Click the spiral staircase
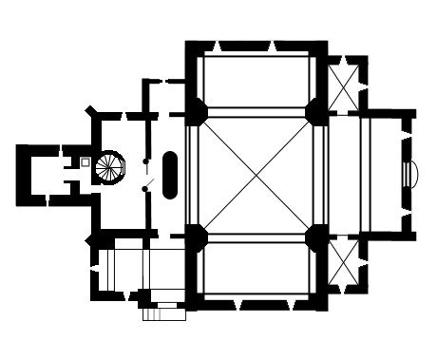click(x=110, y=167)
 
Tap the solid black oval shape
click(x=170, y=174)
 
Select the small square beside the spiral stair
click(x=85, y=162)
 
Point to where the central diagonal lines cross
click(x=256, y=171)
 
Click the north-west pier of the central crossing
click(x=197, y=111)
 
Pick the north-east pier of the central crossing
click(x=316, y=111)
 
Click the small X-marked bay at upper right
click(x=347, y=84)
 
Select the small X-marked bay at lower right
click(x=347, y=263)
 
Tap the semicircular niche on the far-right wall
click(x=410, y=175)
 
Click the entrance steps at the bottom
click(x=163, y=311)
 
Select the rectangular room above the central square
click(x=256, y=79)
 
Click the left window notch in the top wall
click(x=218, y=47)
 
